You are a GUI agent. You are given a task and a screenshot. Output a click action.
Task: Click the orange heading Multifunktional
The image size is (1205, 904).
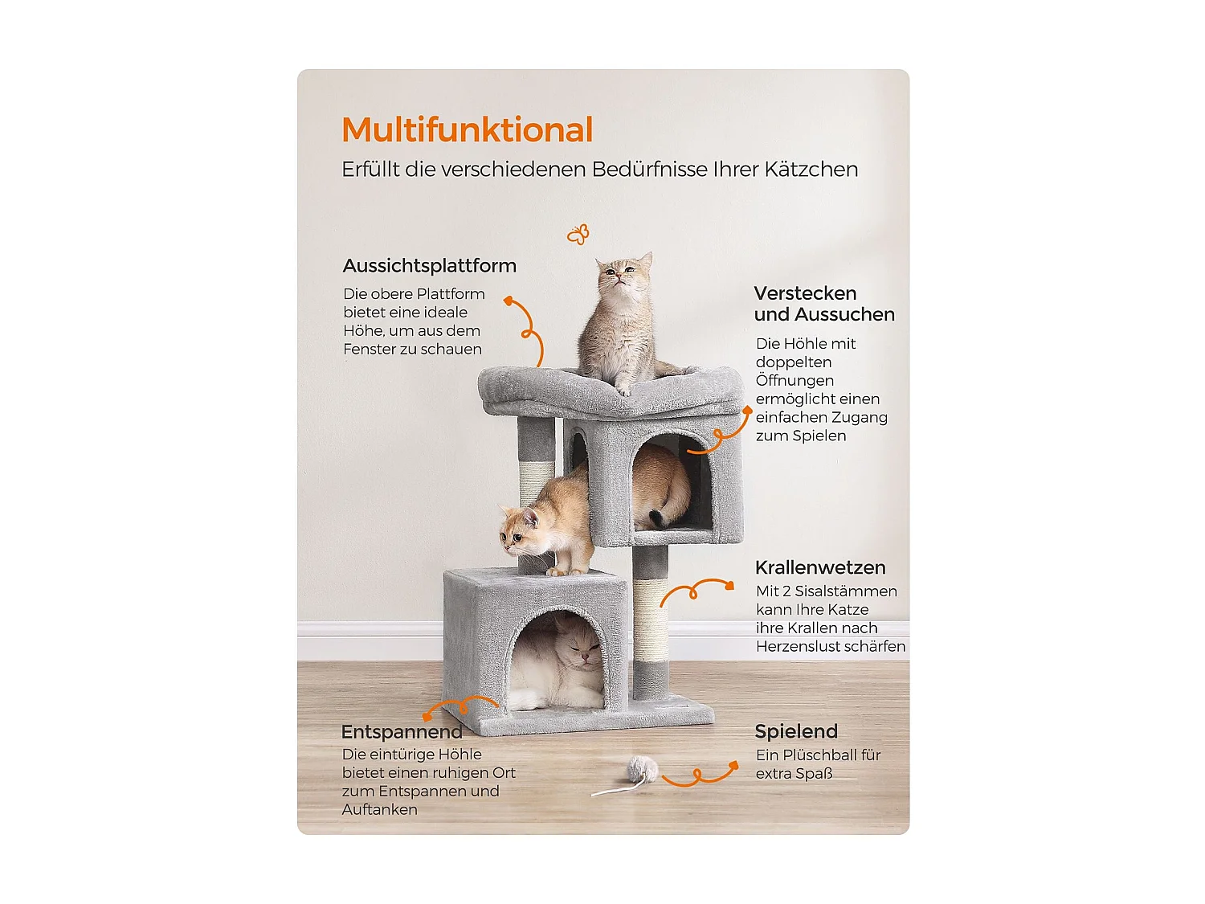tap(467, 130)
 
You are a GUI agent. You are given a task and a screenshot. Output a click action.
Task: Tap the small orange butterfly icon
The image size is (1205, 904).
tap(578, 234)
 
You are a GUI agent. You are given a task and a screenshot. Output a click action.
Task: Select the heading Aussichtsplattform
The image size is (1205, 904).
tap(429, 266)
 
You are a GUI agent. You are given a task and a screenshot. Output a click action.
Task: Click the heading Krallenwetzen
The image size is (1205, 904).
tap(820, 567)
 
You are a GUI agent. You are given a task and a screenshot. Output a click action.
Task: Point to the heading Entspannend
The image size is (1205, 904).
tap(402, 732)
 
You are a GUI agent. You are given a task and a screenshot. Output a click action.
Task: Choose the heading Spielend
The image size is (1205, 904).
tap(795, 731)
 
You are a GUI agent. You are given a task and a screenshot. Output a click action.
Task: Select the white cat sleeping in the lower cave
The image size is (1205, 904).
tap(562, 663)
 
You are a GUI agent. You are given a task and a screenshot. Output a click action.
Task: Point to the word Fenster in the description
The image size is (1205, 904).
tap(371, 350)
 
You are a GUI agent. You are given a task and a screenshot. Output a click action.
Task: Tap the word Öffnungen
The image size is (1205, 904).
tap(794, 381)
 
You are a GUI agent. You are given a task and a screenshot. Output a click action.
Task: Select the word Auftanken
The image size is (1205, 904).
tap(379, 810)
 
